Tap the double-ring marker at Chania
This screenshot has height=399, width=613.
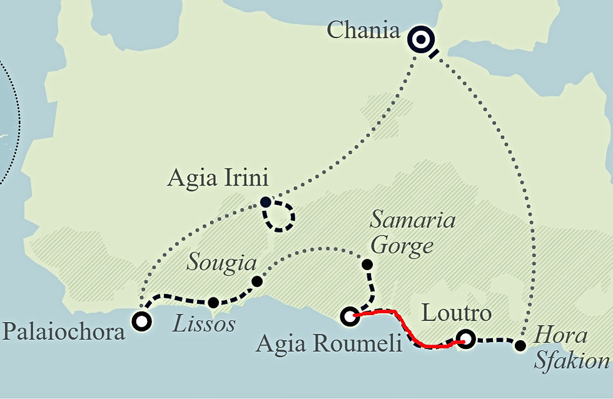pos(421,40)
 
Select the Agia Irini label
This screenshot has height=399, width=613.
pos(218,179)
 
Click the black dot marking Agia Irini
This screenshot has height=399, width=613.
pos(266,202)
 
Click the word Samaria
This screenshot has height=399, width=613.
pos(412,220)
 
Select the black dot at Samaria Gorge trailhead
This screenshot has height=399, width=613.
pos(368,264)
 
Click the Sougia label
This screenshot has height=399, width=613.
pos(221,263)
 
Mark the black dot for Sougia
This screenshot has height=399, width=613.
pos(256,281)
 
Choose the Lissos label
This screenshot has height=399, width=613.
pos(204,323)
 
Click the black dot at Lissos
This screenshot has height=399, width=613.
pos(213,303)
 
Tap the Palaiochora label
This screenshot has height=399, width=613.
pos(63,331)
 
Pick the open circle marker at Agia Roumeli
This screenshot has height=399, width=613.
pos(350,316)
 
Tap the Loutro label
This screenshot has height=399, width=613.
pos(457,313)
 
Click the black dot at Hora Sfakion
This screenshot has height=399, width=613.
pos(520,345)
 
